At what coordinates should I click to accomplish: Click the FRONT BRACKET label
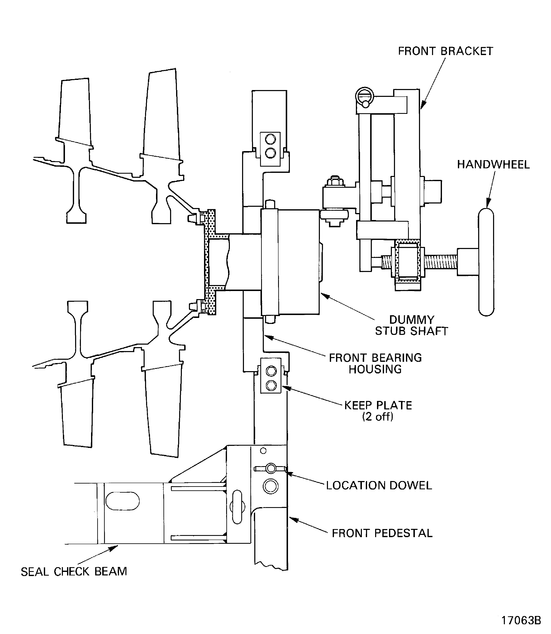click(x=445, y=51)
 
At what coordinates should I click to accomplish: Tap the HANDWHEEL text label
click(x=493, y=165)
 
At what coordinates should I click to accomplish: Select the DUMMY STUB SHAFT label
click(x=411, y=325)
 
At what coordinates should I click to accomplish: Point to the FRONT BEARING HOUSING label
click(x=375, y=363)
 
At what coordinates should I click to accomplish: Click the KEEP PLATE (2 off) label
click(x=378, y=411)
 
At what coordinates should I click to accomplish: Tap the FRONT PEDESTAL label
click(x=382, y=533)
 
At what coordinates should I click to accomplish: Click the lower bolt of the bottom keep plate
click(x=271, y=385)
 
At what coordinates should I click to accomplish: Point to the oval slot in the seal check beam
click(x=122, y=501)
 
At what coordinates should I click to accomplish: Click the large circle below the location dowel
click(x=271, y=486)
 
